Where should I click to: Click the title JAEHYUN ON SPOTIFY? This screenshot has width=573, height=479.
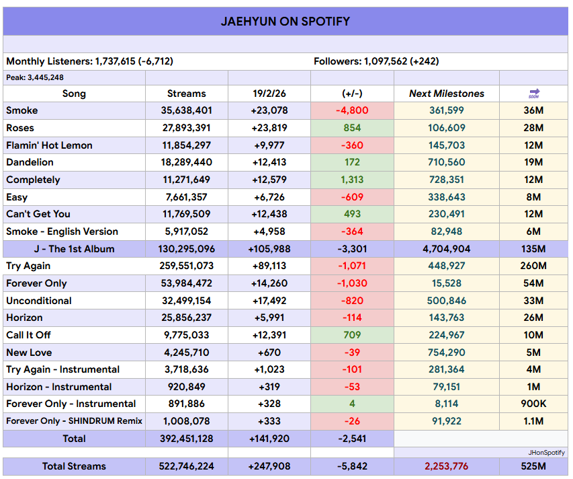(285, 21)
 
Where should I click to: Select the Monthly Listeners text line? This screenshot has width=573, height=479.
(89, 61)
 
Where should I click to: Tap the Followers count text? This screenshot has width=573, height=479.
(376, 61)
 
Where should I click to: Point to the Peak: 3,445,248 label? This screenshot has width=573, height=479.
(35, 77)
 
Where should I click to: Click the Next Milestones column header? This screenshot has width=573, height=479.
(446, 94)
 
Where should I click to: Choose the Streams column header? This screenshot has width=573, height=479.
(186, 94)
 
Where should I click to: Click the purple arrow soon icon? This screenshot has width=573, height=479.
(534, 94)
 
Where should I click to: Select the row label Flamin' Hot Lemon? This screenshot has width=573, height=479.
(49, 145)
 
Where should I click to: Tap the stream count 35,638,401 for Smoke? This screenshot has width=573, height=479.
(186, 110)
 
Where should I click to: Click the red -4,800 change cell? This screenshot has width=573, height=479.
(352, 110)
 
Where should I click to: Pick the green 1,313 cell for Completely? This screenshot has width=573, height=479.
(352, 180)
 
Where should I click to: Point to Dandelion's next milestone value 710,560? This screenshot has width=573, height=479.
(446, 162)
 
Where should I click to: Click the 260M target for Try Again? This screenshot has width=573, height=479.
(534, 266)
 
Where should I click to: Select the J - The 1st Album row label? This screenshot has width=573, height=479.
(74, 249)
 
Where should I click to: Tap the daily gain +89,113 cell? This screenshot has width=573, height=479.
(269, 266)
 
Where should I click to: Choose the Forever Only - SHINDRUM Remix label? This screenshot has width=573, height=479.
(74, 421)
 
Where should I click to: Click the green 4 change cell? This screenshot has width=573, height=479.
(352, 404)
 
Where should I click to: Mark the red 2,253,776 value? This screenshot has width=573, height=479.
(446, 466)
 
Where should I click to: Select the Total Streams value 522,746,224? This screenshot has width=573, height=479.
(186, 466)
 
